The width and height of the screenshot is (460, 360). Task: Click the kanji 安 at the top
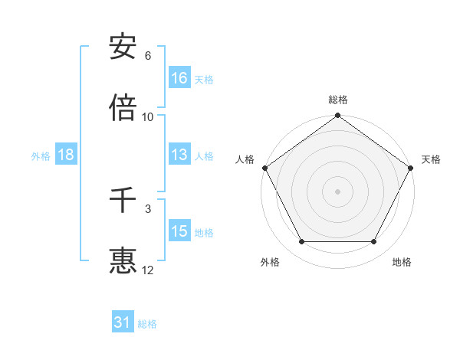(123, 47)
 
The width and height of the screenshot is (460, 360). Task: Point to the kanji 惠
(123, 260)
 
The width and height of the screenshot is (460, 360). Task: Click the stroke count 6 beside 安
(148, 56)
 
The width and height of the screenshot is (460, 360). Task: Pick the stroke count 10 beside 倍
(148, 116)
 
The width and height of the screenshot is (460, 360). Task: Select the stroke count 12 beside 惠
(148, 270)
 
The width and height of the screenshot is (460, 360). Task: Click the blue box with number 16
(179, 78)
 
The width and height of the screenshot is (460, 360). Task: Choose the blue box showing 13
(179, 155)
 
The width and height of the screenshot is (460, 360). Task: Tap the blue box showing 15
(179, 231)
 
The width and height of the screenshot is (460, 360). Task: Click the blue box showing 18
(66, 155)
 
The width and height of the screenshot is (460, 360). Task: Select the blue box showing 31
(123, 322)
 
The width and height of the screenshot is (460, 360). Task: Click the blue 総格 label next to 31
(147, 324)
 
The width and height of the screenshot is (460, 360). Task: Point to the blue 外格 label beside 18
(41, 156)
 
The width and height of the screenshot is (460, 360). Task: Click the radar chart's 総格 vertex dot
(337, 116)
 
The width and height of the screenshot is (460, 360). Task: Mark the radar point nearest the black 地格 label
(374, 242)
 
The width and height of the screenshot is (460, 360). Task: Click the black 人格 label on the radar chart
(245, 159)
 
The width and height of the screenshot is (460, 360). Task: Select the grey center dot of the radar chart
(337, 191)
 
